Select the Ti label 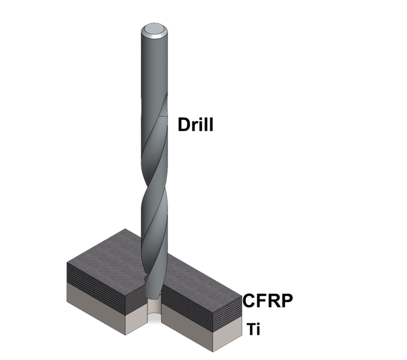[254, 330]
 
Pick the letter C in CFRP [249, 300]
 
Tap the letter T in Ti [250, 330]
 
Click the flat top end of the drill [155, 29]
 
